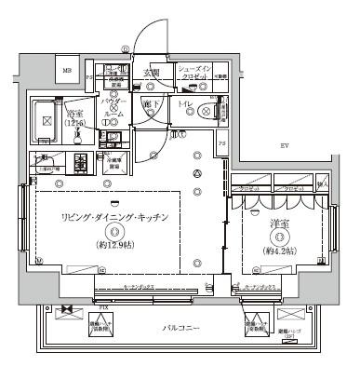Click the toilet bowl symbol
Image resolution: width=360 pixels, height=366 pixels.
(x=205, y=112)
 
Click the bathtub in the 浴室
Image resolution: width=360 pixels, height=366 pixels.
(x=44, y=119)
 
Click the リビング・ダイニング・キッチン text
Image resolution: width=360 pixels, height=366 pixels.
(x=115, y=218)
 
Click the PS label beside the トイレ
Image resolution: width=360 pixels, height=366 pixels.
(x=222, y=145)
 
